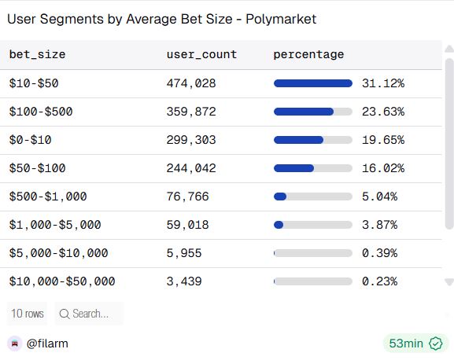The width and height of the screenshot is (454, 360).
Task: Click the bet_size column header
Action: click(x=37, y=54)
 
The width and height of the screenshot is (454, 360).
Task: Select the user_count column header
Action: click(x=201, y=54)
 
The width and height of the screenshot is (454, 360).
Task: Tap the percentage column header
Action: click(x=308, y=54)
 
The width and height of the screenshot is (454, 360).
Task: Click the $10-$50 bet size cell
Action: click(x=34, y=83)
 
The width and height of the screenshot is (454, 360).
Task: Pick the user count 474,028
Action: click(x=191, y=83)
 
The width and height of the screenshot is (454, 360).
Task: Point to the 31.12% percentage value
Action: click(x=382, y=83)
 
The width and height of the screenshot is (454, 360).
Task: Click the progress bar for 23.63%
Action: click(x=312, y=112)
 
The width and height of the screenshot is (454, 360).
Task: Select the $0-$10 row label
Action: click(x=31, y=140)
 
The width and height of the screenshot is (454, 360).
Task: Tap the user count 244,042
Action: click(x=191, y=168)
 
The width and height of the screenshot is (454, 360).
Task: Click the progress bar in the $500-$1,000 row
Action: click(x=312, y=197)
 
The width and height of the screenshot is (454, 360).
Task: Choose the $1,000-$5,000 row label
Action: click(x=55, y=225)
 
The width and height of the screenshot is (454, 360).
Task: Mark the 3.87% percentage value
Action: click(x=379, y=225)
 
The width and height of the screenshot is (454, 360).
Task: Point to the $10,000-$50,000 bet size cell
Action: click(x=62, y=281)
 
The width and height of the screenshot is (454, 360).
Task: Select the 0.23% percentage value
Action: click(x=379, y=281)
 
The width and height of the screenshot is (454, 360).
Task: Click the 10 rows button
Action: click(x=27, y=314)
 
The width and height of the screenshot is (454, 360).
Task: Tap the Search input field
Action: click(x=90, y=314)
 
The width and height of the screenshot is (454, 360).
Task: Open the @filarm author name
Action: click(x=47, y=343)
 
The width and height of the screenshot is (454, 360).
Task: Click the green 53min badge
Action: click(x=415, y=343)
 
